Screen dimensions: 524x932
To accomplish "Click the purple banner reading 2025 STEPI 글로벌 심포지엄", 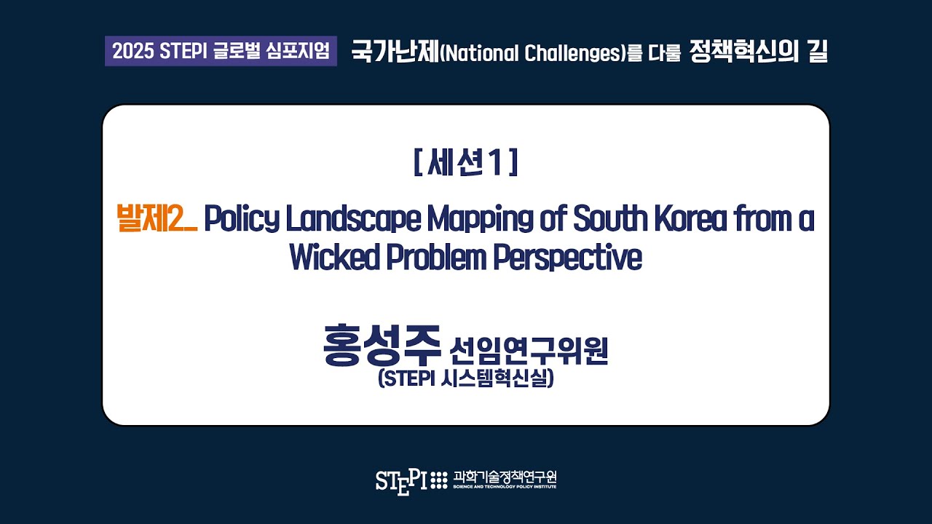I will coord(221,52).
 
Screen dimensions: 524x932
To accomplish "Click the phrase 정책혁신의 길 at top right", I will coord(757,52).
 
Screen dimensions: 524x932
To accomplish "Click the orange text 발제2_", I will coord(156,219).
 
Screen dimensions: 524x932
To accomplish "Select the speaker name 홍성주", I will coord(382,348).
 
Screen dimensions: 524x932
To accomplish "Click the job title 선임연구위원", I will coord(529,352).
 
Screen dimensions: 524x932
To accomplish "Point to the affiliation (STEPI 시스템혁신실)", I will coord(466,379).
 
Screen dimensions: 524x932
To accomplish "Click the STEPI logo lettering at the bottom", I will coord(401,480).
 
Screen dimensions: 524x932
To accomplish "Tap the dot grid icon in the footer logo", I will coord(439,480).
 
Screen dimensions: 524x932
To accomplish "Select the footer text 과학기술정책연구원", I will coord(505,477).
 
